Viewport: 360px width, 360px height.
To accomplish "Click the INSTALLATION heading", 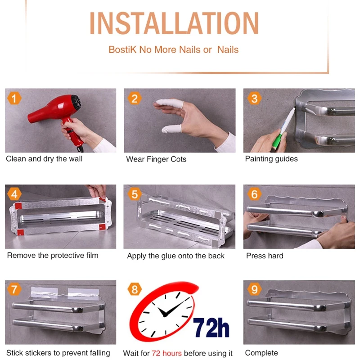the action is point(174,23).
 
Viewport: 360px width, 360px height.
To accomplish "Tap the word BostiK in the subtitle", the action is point(122,49).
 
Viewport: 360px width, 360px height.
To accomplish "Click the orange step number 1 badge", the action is point(14,99).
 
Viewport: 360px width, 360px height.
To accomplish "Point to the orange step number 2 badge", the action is point(135,99).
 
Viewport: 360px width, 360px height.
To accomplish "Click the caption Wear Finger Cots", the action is point(156,159).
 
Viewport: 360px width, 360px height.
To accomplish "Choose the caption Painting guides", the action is point(271,159).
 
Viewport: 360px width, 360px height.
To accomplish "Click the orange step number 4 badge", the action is point(14,194).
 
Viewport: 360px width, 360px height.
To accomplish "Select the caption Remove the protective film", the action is point(53,255).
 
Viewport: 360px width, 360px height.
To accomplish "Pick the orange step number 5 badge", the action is point(135,194).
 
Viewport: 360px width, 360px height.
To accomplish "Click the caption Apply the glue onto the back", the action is point(175,256).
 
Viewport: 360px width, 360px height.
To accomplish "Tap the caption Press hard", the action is point(265,256).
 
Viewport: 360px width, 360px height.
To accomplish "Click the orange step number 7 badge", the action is point(14,289).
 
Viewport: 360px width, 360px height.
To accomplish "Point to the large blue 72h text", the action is point(211,328).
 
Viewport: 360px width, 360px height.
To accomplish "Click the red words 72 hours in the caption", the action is point(166,353).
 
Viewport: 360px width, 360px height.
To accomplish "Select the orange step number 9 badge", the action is point(254,289).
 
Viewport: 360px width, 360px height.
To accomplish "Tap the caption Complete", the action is point(261,353).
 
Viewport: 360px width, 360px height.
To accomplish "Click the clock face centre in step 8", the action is point(165,315).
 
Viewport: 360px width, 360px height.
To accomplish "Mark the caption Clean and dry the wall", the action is point(44,159).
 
